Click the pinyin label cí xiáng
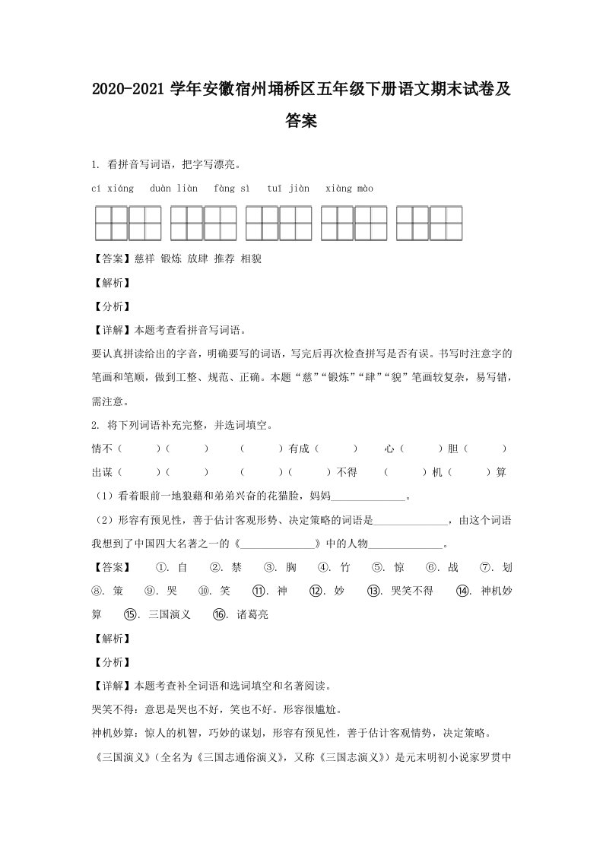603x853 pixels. click(x=113, y=188)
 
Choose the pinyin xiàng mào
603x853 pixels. click(x=349, y=188)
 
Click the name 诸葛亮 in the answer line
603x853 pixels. click(x=252, y=614)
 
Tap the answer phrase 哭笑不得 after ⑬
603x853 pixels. click(x=411, y=590)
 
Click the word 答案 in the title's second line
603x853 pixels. click(x=301, y=121)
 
